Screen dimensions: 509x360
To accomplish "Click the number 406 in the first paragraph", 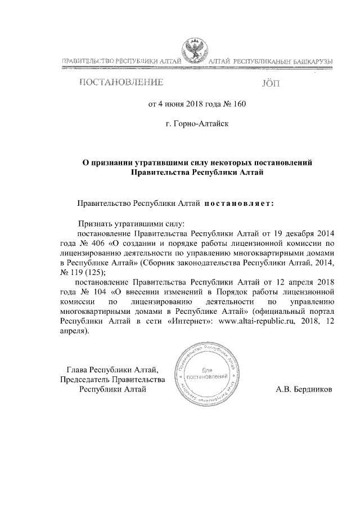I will (98, 243).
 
